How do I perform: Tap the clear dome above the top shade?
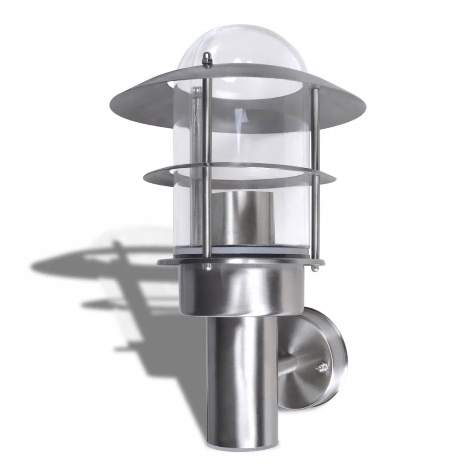(242, 46)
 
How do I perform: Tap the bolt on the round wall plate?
(321, 369)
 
